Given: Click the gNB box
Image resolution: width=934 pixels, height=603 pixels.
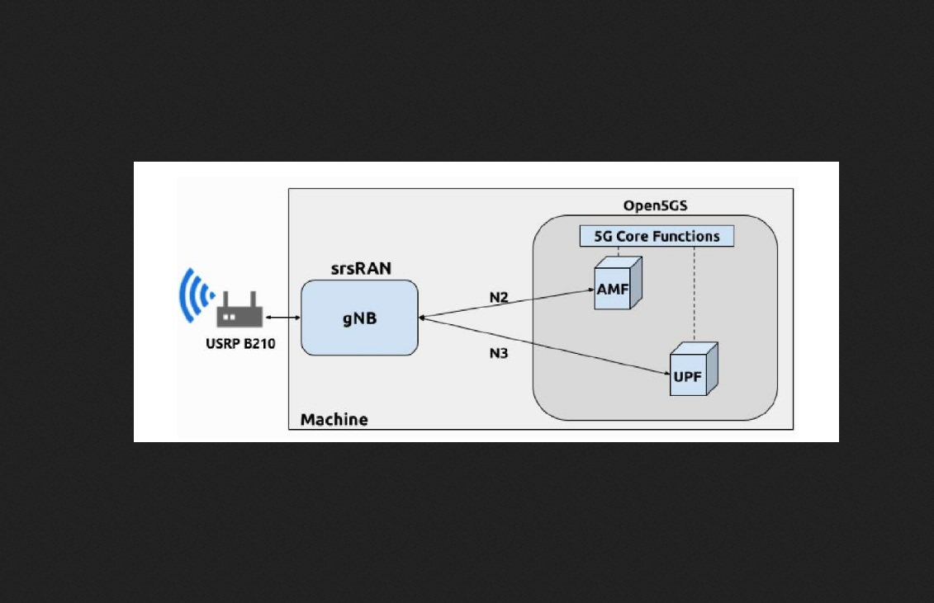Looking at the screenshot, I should (359, 318).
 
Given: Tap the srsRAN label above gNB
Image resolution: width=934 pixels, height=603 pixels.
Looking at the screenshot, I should (361, 268).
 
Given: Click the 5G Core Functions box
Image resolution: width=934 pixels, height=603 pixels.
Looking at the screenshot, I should (657, 237).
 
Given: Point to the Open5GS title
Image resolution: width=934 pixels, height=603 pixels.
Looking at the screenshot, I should (655, 205).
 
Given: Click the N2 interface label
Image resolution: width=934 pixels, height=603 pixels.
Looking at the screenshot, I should (498, 297).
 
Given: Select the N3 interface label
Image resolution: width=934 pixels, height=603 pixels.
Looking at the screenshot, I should (498, 354).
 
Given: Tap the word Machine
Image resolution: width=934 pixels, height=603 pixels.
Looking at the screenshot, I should (334, 419).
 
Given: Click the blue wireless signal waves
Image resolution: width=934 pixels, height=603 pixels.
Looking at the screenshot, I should (194, 294).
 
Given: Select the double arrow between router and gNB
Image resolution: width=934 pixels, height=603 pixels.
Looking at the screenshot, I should (282, 318).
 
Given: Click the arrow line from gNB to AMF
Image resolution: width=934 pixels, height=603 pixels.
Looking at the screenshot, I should (504, 304).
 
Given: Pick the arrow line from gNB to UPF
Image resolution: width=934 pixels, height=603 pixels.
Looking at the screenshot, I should (545, 346).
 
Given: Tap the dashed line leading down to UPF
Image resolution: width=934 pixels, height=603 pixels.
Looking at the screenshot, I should (694, 293).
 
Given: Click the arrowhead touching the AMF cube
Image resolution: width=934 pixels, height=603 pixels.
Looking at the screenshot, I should (590, 290).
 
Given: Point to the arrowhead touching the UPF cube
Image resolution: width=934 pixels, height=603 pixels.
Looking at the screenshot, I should (666, 375).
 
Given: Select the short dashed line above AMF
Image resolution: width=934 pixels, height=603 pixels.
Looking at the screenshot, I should (619, 252).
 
